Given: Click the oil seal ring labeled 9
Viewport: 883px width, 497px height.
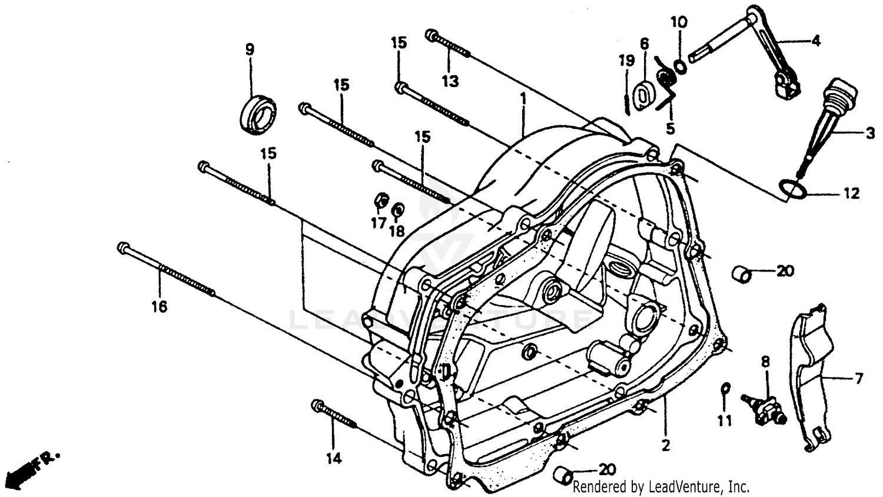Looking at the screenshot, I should (x=258, y=113).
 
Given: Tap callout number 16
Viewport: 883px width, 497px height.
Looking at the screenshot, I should (x=159, y=306).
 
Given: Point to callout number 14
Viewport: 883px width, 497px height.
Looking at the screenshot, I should (x=334, y=459).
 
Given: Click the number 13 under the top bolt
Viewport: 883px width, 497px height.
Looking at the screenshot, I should (x=450, y=81).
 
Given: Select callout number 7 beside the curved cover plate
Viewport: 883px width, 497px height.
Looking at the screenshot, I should (x=859, y=379).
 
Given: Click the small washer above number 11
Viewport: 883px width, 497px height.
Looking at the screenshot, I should (x=726, y=387).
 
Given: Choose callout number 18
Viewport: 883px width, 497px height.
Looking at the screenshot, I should (x=397, y=231).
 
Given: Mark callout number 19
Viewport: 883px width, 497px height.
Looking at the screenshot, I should (x=626, y=61).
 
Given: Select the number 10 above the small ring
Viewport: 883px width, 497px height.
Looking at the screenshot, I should (x=679, y=22).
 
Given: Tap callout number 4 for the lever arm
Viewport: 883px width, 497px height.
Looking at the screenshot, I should (x=815, y=41).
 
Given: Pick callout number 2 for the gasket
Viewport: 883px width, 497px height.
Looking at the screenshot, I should (x=666, y=446).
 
